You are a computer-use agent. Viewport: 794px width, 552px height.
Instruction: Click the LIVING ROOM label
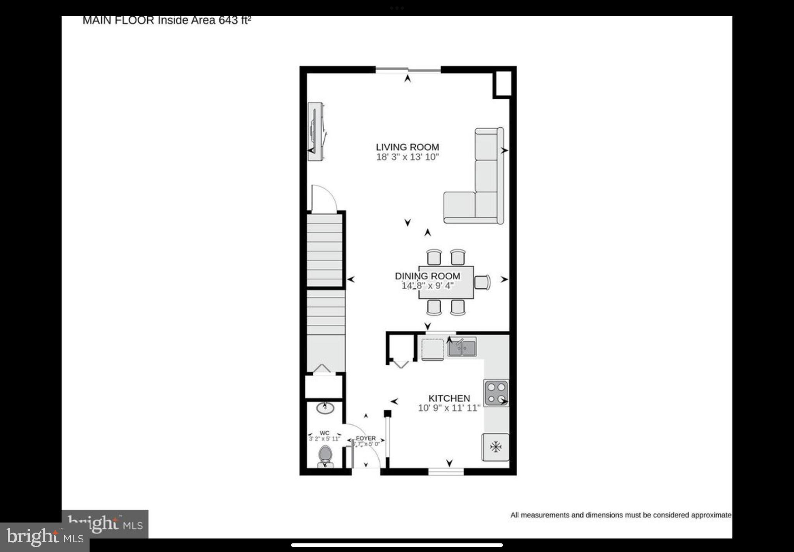[x=407, y=147]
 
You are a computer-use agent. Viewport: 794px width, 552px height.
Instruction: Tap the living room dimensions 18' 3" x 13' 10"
[x=407, y=157]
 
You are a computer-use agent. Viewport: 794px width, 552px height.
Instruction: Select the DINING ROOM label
[x=427, y=276]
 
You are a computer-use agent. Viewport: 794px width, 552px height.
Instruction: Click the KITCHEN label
[x=449, y=398]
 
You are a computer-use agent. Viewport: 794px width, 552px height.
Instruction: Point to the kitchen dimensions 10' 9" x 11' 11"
[x=449, y=408]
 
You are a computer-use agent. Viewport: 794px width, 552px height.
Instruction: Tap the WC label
[x=325, y=433]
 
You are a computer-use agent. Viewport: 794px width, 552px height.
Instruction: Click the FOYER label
[x=366, y=438]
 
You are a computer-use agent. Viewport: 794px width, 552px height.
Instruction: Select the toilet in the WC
[x=325, y=456]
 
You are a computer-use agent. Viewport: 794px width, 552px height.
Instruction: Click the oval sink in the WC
[x=325, y=408]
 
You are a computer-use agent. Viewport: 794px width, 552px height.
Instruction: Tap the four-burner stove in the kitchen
[x=496, y=393]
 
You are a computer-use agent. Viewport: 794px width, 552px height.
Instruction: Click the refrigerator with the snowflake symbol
[x=495, y=447]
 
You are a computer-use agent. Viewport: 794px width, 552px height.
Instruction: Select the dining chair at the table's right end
[x=482, y=282]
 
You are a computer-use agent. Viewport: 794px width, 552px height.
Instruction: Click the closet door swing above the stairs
[x=323, y=199]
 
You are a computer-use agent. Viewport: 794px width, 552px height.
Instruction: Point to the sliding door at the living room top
[x=408, y=70]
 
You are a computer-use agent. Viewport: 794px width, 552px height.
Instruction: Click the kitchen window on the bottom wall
[x=446, y=472]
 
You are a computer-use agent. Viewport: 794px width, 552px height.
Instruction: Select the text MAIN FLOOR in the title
[x=118, y=20]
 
